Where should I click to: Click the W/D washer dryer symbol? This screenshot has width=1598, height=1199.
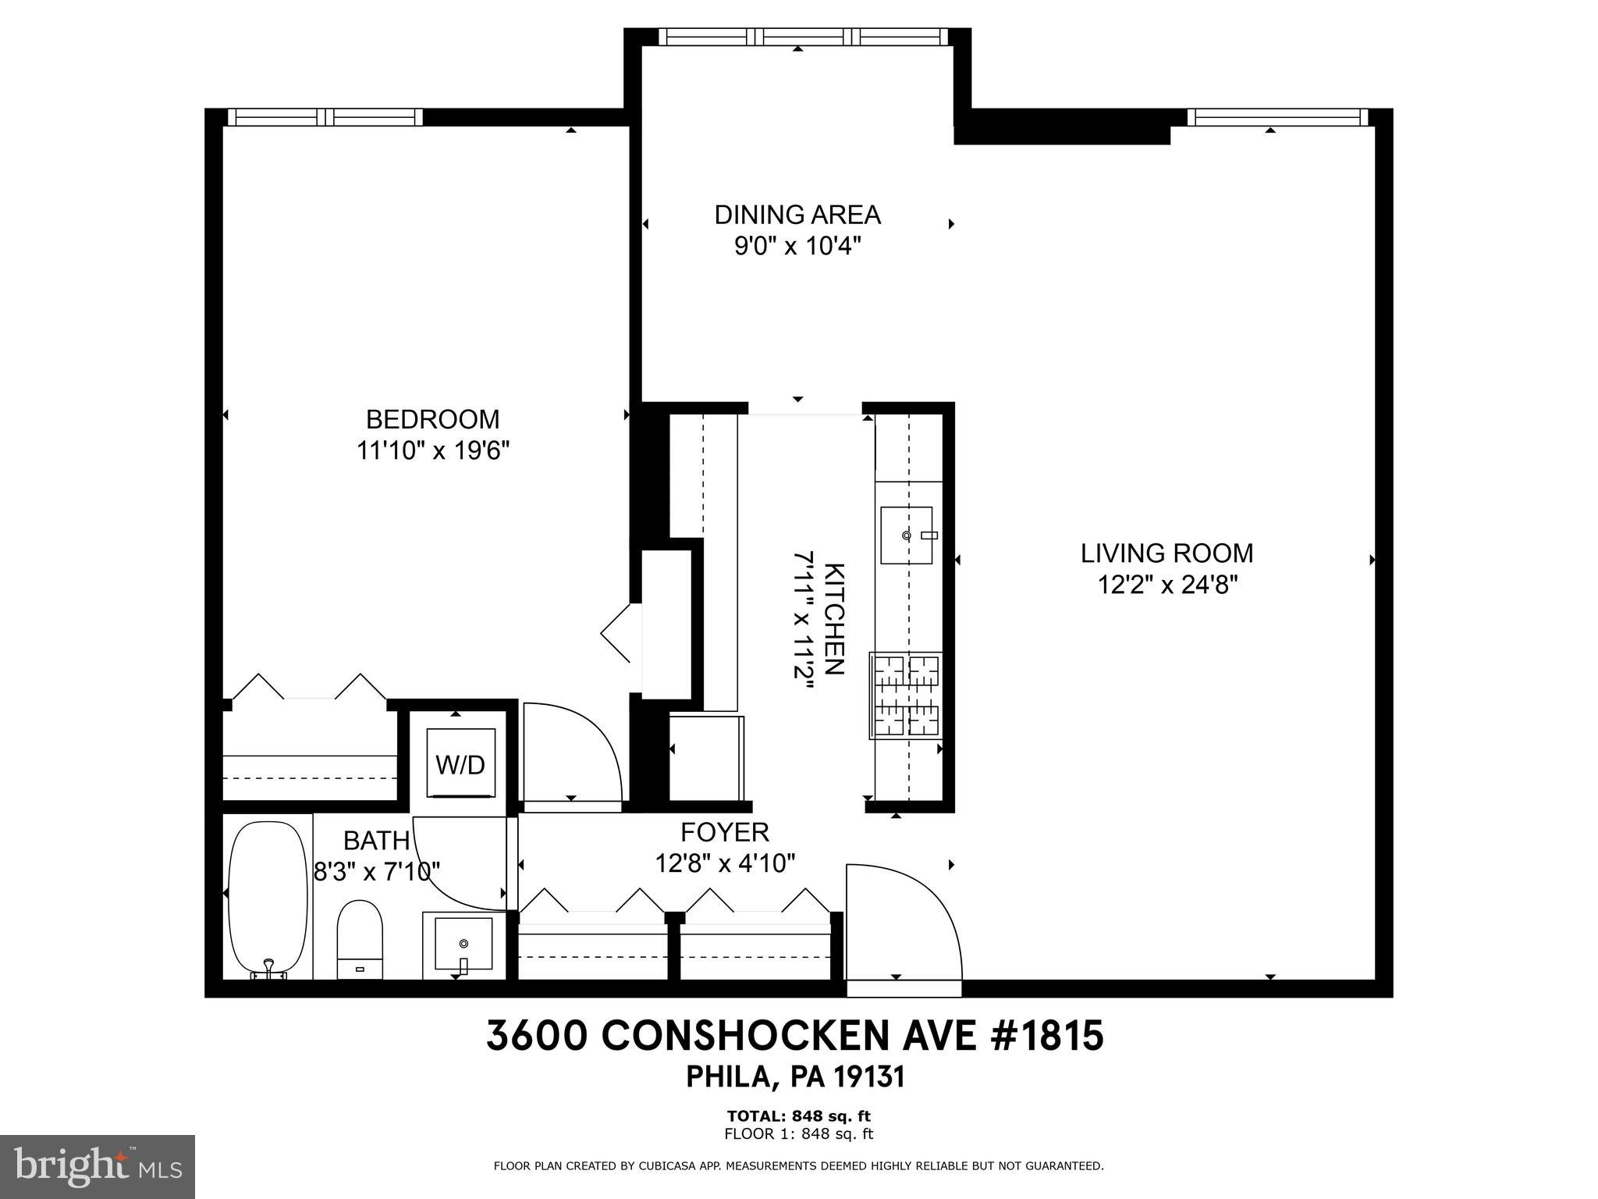[460, 763]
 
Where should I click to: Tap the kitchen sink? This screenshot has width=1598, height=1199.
[907, 535]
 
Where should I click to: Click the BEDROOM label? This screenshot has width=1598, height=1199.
[432, 419]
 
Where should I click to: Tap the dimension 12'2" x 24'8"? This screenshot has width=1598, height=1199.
[1167, 585]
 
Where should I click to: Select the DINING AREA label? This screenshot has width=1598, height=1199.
[797, 214]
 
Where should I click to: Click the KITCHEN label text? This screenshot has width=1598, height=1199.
[834, 618]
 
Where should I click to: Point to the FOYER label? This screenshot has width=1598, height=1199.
[725, 832]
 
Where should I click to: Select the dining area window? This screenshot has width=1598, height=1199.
[804, 37]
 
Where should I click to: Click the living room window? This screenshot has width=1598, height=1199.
[1277, 118]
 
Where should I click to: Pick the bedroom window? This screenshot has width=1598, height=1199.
[325, 117]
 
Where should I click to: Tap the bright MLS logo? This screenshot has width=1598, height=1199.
[98, 1167]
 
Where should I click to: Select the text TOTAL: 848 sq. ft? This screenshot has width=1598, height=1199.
[797, 1115]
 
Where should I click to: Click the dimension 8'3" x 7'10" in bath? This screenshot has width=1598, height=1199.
[377, 871]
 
